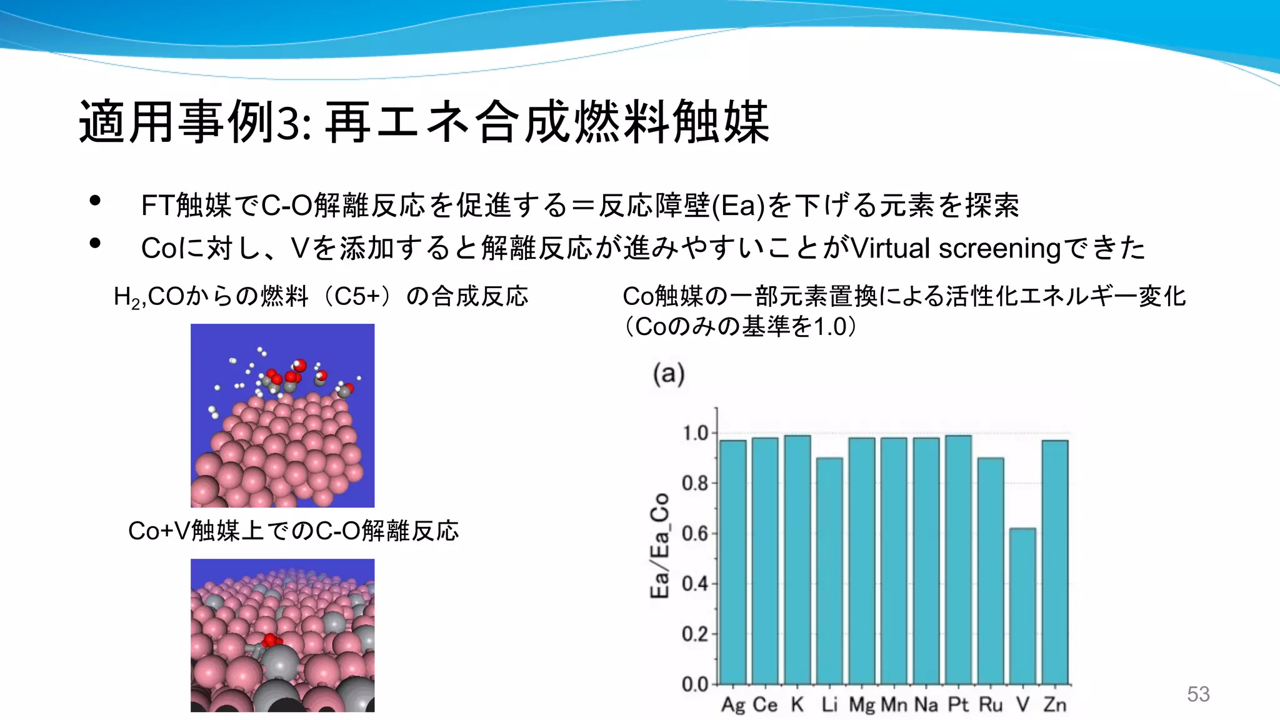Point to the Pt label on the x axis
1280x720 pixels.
pos(958,704)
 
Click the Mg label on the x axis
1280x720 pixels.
pos(862,704)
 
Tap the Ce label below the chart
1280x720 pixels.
pos(765,704)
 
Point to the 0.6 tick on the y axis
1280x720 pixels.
pos(695,534)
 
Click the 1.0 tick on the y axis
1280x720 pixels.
pos(695,433)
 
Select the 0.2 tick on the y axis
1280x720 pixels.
pos(695,634)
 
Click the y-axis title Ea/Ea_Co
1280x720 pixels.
pos(660,545)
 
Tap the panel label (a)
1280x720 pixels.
pos(669,374)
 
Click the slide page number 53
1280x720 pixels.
pos(1198,694)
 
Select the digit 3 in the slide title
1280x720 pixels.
pos(288,122)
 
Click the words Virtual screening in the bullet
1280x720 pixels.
pos(956,248)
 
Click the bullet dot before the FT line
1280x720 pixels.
pos(95,201)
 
